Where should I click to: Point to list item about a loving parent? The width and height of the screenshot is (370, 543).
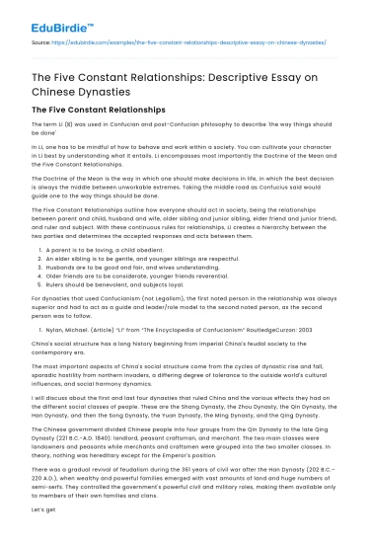(96, 252)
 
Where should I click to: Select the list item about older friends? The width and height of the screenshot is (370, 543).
(120, 278)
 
